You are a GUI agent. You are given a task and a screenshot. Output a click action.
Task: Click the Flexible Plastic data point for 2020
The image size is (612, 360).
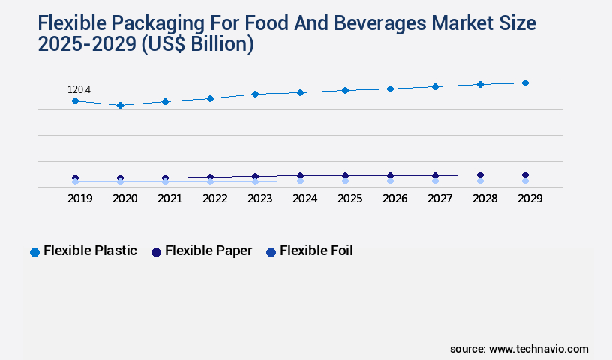click(x=120, y=105)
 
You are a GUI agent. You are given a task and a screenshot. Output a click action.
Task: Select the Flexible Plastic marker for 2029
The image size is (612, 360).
click(x=525, y=82)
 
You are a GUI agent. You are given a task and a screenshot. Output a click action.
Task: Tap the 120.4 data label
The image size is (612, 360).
click(x=79, y=90)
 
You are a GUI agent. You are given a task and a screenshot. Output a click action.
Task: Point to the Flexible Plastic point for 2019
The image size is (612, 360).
click(x=75, y=100)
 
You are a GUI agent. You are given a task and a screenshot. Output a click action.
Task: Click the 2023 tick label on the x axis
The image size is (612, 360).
click(x=259, y=199)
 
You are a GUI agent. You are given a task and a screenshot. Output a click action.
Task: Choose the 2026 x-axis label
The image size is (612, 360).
click(x=394, y=199)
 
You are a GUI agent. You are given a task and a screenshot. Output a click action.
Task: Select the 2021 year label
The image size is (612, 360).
click(x=169, y=199)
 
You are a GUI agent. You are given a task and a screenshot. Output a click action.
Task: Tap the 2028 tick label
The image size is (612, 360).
click(x=484, y=199)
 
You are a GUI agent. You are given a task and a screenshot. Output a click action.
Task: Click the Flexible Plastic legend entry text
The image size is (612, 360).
click(x=90, y=250)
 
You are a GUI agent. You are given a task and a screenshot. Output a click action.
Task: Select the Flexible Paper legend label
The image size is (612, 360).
click(x=208, y=250)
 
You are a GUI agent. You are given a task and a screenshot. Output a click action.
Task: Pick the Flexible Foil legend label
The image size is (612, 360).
click(x=316, y=250)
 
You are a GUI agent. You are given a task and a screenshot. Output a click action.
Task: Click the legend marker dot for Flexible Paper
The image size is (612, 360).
click(x=156, y=252)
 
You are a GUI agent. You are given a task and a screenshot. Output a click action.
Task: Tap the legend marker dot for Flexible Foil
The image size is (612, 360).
click(x=271, y=252)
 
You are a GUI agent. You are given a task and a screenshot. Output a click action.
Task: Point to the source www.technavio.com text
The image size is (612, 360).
click(x=519, y=349)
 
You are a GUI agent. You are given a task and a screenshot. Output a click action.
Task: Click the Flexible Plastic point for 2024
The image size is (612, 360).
click(x=300, y=92)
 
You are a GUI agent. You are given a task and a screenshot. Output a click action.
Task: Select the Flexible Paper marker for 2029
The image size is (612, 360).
click(x=525, y=175)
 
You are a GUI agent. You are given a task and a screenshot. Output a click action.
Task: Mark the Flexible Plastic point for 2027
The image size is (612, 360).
click(x=435, y=86)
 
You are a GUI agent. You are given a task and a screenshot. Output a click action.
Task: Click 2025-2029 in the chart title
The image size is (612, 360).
click(x=86, y=44)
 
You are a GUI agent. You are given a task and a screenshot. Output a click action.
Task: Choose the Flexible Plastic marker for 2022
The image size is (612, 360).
click(x=210, y=98)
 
